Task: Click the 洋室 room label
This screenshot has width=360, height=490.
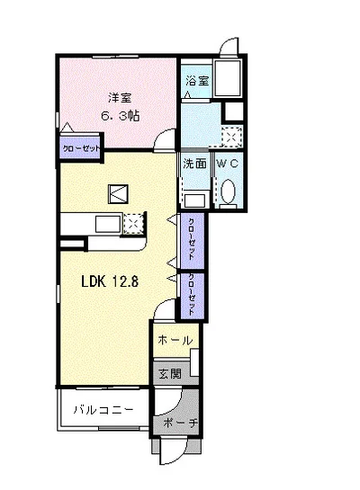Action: coord(120,98)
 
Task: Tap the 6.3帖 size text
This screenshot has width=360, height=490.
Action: coord(120,116)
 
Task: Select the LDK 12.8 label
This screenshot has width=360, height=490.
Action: coord(110,281)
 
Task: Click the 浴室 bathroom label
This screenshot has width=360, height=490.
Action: coord(197,81)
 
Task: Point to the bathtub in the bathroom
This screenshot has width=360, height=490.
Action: coord(228,78)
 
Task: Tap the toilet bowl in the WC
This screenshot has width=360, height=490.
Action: coord(228,192)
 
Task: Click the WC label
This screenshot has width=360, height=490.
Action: coord(228,164)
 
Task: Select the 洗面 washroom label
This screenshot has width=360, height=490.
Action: coord(194,164)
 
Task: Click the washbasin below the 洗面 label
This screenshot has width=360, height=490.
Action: coord(196,200)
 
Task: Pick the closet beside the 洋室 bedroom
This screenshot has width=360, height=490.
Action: coord(81,147)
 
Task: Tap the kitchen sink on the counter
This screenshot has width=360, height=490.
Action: coord(108,224)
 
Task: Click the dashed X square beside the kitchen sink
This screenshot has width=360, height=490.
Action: coord(134,224)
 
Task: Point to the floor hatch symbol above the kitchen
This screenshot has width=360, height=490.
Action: coord(118,194)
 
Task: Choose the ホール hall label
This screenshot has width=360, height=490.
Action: coord(175,340)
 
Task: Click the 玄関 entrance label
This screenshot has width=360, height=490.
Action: coord(170,373)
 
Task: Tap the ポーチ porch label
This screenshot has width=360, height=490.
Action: coord(181,423)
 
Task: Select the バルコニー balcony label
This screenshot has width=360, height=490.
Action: coord(103,409)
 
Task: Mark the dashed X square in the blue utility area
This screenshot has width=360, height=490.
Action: coord(232,137)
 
